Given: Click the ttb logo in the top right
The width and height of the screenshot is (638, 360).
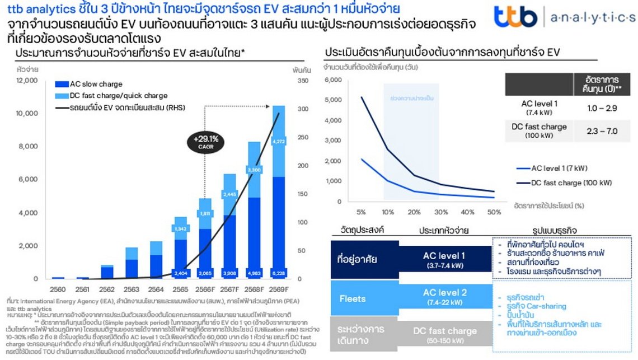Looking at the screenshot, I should [x=515, y=17].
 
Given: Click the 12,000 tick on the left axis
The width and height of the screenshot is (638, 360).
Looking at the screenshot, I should [x=27, y=80].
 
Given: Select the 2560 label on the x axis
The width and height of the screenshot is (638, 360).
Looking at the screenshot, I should [x=57, y=289].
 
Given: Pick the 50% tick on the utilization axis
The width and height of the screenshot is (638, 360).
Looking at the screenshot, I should [x=494, y=213].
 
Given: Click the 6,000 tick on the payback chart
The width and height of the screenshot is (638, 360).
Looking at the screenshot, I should [x=333, y=80].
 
